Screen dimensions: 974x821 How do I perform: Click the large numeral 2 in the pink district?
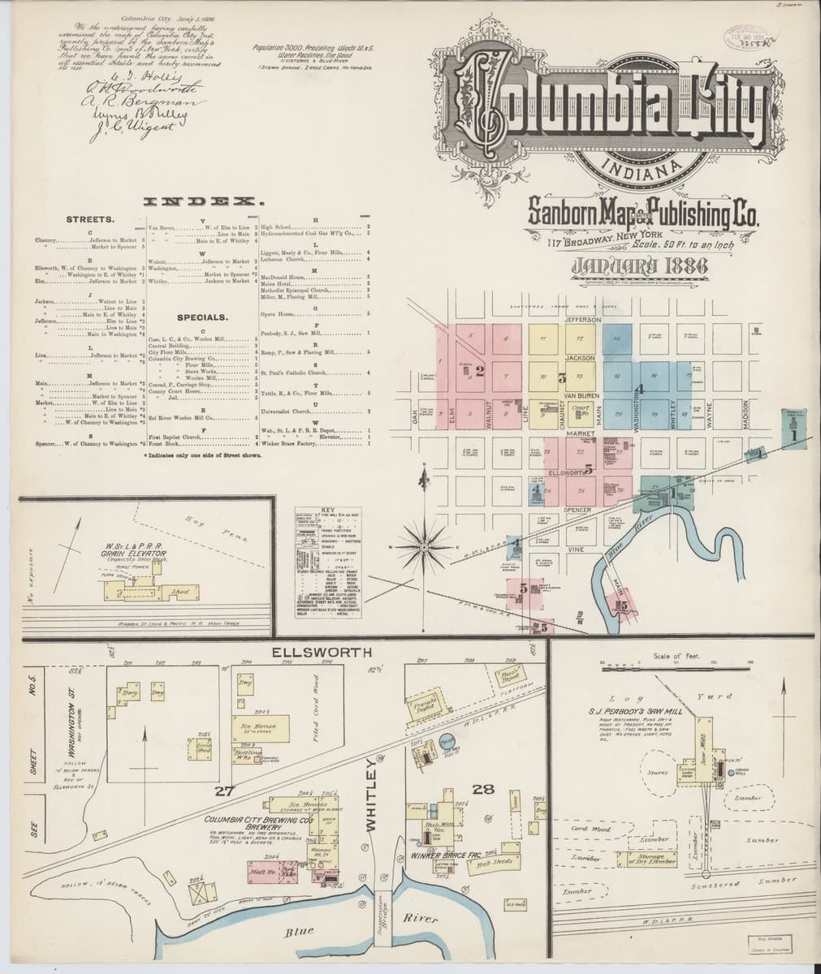click(x=480, y=372)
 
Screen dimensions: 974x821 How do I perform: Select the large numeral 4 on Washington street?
click(x=638, y=390)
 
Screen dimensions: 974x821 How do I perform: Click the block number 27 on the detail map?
click(x=224, y=790)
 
